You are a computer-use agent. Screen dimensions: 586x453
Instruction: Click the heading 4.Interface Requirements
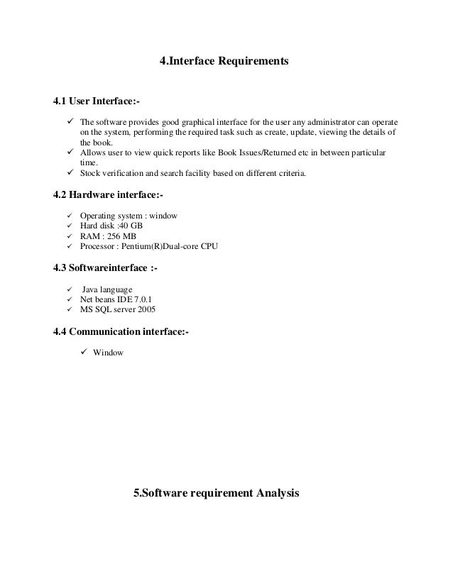[224, 62]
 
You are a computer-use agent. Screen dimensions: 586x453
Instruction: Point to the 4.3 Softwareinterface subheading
[106, 270]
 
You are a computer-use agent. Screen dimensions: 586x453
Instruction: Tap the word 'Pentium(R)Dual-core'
[165, 246]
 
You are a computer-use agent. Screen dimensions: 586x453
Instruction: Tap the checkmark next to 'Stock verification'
[70, 172]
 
